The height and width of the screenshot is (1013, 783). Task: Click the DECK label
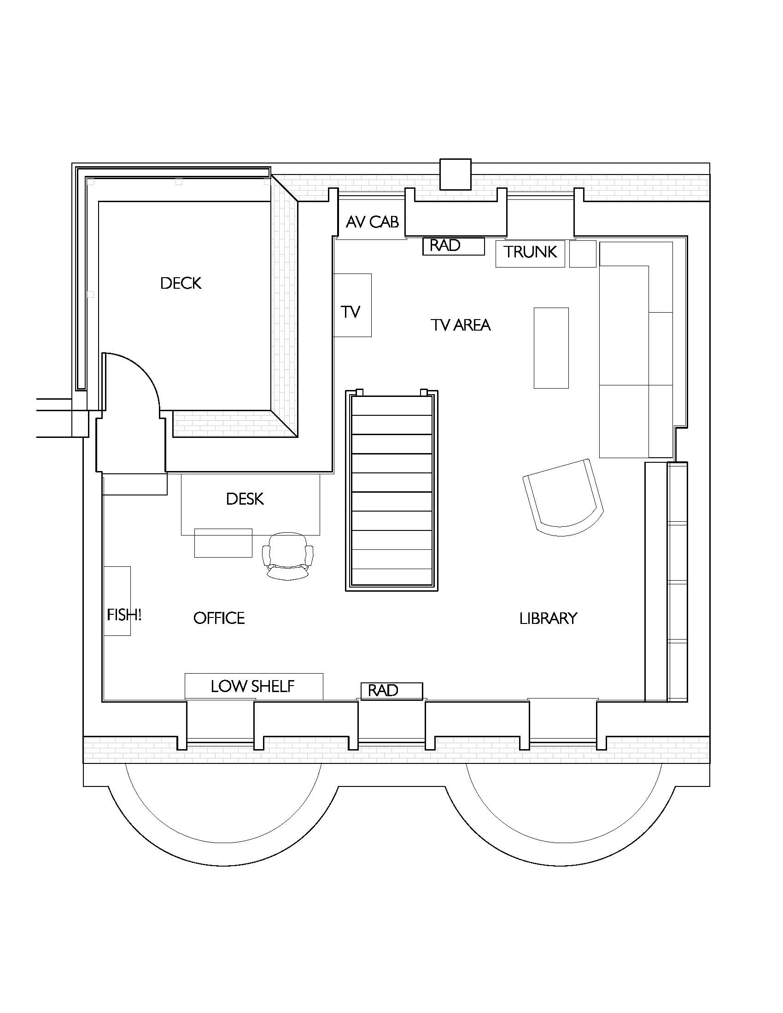181,283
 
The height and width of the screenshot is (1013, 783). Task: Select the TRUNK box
530,253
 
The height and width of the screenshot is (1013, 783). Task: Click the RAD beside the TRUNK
453,246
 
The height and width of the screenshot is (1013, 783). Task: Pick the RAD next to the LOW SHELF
392,691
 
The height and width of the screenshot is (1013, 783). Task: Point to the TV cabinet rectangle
352,305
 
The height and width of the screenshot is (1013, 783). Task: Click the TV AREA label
461,325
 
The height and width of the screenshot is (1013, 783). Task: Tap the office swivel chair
287,556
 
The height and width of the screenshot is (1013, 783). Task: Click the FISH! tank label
124,615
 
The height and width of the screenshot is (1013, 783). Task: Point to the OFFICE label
219,618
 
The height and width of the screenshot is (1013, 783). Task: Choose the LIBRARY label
548,618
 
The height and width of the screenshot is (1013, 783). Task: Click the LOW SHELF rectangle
254,686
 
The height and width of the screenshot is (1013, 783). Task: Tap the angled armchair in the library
563,498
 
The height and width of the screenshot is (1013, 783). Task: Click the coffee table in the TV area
551,348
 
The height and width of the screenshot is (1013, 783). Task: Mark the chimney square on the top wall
455,175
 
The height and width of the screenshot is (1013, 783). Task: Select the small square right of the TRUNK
583,254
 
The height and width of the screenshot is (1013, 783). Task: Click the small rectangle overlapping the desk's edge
223,543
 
